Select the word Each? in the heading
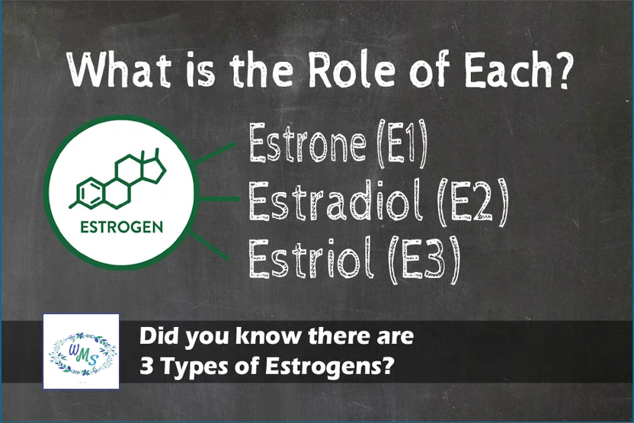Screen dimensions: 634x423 518,69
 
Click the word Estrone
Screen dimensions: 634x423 308,143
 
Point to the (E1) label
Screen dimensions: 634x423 402,143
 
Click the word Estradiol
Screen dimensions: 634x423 336,200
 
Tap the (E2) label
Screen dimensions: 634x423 472,202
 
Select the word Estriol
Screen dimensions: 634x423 311,258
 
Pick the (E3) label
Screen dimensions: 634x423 424,260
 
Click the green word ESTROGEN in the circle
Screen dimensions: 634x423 122,227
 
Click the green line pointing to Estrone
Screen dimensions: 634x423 215,153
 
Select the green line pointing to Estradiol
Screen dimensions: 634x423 219,199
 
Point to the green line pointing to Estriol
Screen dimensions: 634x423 209,245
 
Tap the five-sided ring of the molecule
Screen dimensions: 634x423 154,170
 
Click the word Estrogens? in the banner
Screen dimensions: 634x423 329,366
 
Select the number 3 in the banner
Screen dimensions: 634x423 146,366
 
